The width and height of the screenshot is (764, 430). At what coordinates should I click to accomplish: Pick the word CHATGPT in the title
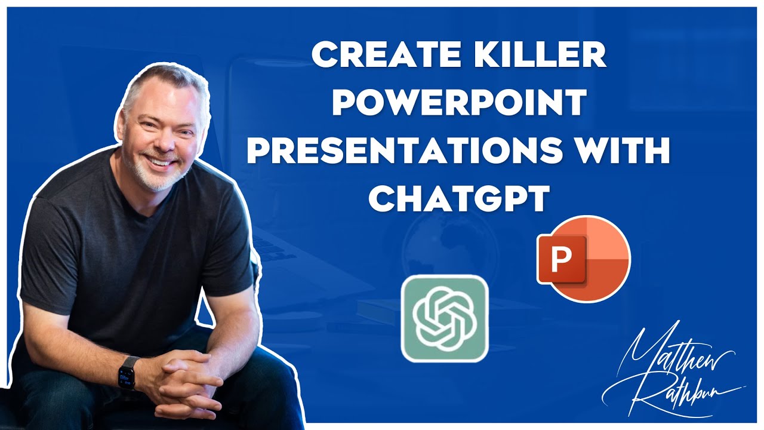pyautogui.click(x=458, y=200)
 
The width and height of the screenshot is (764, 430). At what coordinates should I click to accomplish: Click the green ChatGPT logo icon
pyautogui.click(x=444, y=318)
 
